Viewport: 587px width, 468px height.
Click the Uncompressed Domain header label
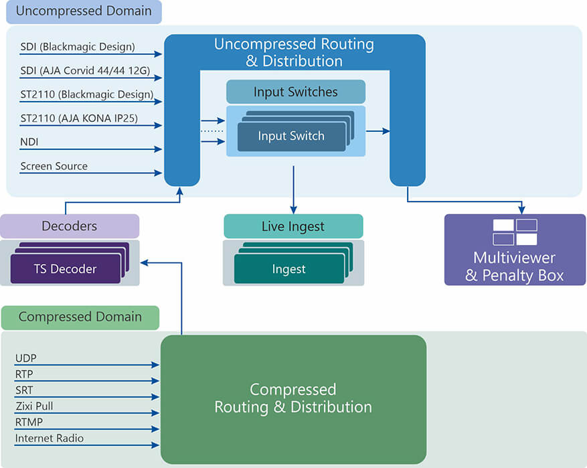[84, 11]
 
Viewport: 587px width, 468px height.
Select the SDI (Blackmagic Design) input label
[78, 47]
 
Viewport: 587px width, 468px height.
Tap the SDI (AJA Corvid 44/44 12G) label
[85, 70]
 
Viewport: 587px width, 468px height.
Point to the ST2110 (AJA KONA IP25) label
[79, 119]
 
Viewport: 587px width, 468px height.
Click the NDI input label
[29, 142]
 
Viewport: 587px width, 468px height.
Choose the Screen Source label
[54, 166]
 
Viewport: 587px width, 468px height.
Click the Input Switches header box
[296, 92]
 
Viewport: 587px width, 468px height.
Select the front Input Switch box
[291, 137]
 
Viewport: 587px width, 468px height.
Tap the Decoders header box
[70, 226]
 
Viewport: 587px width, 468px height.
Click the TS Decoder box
[66, 269]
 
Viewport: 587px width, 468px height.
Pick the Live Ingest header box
[293, 226]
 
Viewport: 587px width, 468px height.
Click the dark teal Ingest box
[289, 269]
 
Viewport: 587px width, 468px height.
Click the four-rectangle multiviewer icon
[515, 232]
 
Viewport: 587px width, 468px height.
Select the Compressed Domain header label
[80, 317]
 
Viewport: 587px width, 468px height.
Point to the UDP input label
[26, 358]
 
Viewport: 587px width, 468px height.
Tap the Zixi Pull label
[34, 406]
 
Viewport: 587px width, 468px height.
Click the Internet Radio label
[50, 439]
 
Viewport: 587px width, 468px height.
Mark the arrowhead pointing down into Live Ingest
[293, 210]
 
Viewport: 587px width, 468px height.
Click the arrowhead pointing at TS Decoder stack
[145, 263]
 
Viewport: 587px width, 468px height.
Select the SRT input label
[24, 390]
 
